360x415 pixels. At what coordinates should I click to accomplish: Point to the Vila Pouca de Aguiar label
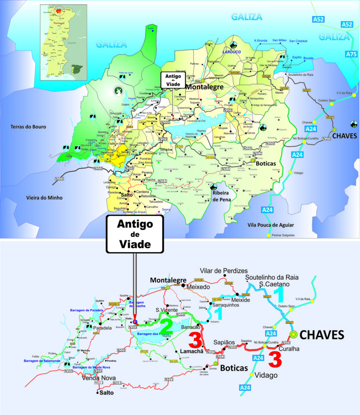pyautogui.click(x=271, y=225)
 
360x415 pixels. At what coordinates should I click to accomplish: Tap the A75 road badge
pyautogui.click(x=352, y=54)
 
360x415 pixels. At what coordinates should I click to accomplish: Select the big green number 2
pyautogui.click(x=166, y=327)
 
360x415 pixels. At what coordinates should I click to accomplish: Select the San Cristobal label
pyautogui.click(x=298, y=41)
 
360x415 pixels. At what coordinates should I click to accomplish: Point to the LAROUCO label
pyautogui.click(x=231, y=51)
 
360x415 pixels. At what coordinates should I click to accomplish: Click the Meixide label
pyautogui.click(x=241, y=300)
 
